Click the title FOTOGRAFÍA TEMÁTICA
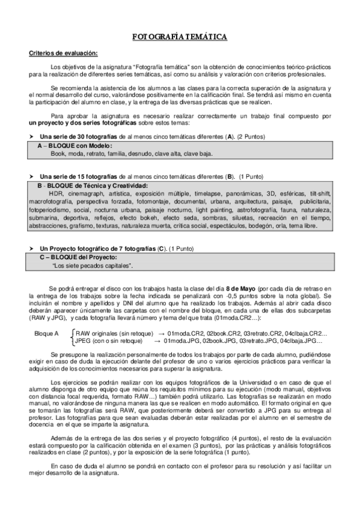180,37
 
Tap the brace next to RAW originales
73,336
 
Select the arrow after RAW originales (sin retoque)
162,333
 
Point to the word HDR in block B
56,194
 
